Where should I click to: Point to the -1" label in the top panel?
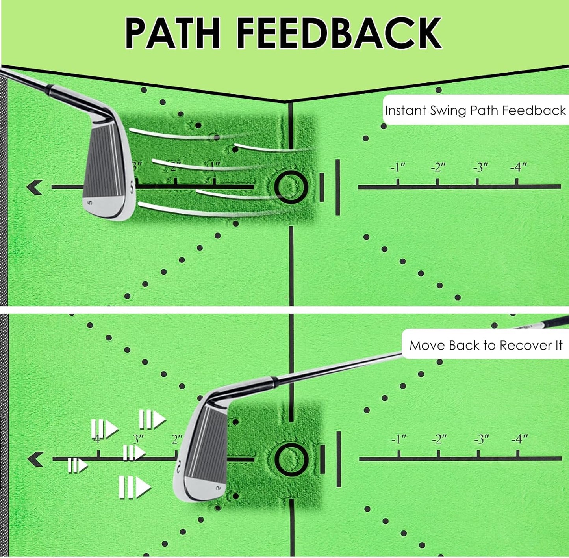[398, 167]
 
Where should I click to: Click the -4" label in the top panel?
[519, 167]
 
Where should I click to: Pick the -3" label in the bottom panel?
[481, 439]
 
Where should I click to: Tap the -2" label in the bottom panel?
[439, 439]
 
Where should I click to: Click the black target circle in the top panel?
[291, 187]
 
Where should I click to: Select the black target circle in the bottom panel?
[291, 459]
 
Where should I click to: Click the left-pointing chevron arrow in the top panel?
[35, 187]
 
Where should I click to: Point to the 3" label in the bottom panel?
[138, 439]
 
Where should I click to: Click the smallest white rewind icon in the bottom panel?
[77, 466]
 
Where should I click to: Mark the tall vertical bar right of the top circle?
[338, 187]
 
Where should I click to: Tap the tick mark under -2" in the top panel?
[437, 182]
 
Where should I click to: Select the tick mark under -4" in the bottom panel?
[518, 454]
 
